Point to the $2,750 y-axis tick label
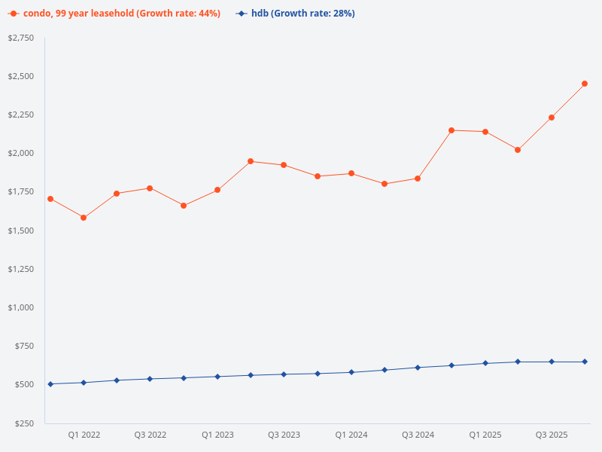21,38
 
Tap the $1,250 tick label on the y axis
21,269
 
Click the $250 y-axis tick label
23,423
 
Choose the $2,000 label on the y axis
21,153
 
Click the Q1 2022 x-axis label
84,435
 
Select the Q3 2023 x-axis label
284,435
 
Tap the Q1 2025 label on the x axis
485,435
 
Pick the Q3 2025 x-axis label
552,435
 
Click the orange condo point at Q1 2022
84,218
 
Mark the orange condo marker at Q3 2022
150,188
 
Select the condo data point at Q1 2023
217,190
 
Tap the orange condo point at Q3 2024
418,179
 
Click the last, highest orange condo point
585,84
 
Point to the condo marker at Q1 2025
485,132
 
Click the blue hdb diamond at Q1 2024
351,372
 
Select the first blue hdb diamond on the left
50,384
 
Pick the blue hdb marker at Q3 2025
552,362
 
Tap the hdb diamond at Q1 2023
217,377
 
